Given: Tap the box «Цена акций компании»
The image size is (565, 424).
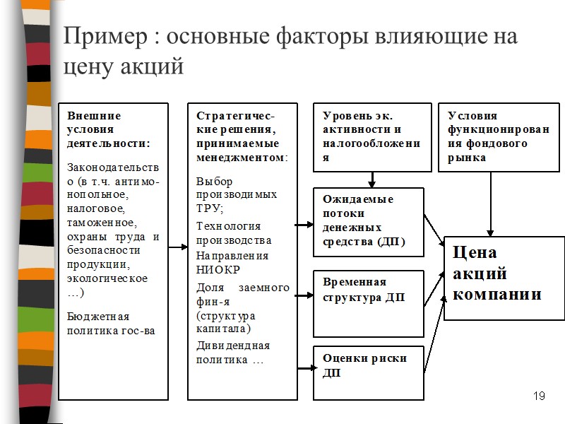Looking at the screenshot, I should pos(504,278).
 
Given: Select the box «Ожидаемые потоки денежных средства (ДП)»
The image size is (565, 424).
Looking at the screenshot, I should pos(368,222).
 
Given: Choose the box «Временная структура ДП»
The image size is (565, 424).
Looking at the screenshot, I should pos(368,303).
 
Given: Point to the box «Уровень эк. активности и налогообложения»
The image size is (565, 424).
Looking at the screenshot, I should pos(371,137).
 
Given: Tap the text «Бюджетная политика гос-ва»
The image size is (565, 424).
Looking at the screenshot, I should pos(110,323).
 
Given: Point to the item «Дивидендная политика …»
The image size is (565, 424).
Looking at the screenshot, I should pos(232,353).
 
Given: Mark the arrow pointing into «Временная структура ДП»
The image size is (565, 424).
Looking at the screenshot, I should pos(305,295).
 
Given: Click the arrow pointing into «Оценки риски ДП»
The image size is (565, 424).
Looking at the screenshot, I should pos(305,367).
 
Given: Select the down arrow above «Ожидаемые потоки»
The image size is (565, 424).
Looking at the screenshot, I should pos(371,179).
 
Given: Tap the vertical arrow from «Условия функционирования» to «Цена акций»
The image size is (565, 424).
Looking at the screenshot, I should pos(490,205).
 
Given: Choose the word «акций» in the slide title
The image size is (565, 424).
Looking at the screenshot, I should pos(151,67).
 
